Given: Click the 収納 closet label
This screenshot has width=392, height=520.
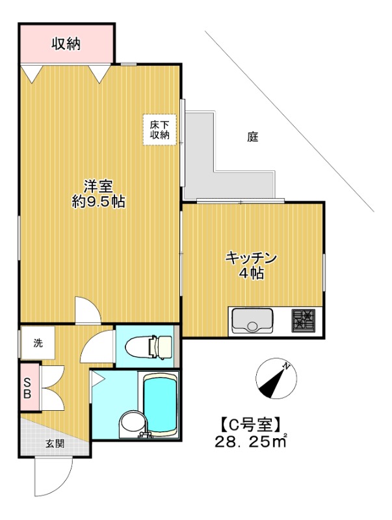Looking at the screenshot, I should [66, 44].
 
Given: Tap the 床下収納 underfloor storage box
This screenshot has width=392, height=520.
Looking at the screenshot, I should [160, 130].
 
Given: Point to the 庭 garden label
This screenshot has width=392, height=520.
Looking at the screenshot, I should [253, 137].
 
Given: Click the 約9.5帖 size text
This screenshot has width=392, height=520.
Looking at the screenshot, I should [98, 202].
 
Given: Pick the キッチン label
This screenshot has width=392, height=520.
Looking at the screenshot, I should [252, 257].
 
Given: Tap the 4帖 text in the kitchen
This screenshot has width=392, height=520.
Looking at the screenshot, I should [251, 274].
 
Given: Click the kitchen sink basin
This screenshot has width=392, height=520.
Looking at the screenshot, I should [253, 320].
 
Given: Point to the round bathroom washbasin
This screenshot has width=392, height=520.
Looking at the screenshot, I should [131, 424].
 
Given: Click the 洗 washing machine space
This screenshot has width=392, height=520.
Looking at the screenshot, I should [37, 343].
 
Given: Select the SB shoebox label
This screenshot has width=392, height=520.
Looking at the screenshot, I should [28, 389].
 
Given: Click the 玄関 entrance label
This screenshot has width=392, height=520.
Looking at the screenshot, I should [55, 444].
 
